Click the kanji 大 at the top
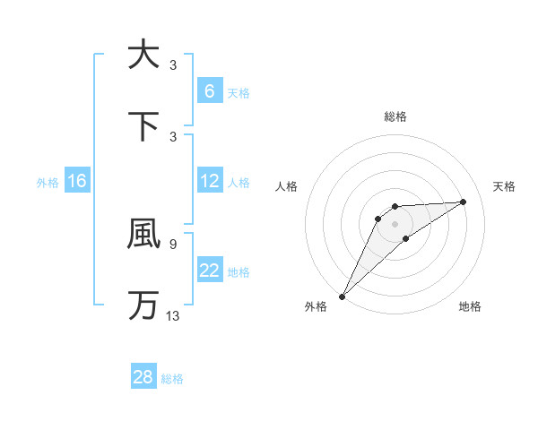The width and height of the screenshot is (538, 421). (x=143, y=55)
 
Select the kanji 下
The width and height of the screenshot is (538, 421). (x=143, y=126)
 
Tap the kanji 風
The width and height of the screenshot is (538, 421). (x=143, y=234)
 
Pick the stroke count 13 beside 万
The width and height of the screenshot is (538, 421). (x=172, y=315)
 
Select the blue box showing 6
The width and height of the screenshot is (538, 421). (x=209, y=91)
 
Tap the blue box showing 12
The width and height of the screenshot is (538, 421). (x=209, y=181)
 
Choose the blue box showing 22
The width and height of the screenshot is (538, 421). (x=209, y=271)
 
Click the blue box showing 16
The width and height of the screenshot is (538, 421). (x=77, y=181)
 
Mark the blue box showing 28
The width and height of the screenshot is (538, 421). (x=143, y=377)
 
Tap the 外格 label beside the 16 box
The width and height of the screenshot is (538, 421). (x=48, y=183)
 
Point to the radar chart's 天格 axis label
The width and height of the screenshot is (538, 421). (x=505, y=186)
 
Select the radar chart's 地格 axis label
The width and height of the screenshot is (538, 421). (x=470, y=307)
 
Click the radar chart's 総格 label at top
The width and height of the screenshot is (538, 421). (x=395, y=116)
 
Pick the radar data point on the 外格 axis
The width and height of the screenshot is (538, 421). (x=342, y=296)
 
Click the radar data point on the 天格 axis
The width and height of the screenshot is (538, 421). (x=464, y=202)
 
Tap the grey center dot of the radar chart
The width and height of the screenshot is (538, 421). (x=395, y=224)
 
